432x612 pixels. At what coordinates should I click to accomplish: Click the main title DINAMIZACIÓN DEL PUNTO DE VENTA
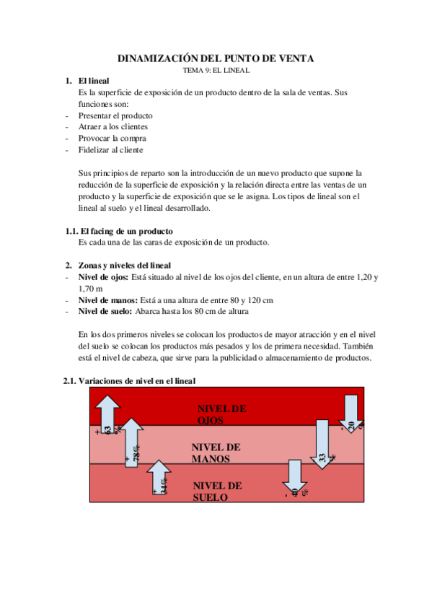(216, 58)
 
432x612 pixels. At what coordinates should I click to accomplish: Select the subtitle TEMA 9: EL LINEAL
(216, 71)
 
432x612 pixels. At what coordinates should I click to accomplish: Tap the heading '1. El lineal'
(87, 81)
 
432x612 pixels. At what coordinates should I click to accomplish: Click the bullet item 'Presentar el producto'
(115, 115)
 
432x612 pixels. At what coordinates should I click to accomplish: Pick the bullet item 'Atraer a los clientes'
(113, 126)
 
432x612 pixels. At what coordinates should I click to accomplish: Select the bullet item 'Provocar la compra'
(113, 138)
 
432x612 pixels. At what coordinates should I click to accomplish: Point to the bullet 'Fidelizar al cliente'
(111, 150)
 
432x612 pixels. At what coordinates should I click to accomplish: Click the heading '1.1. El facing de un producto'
(119, 231)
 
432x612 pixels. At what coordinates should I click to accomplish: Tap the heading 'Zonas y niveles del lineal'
(125, 266)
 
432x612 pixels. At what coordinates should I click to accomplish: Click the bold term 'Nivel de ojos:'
(103, 277)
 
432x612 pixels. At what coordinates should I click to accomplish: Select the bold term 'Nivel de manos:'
(108, 300)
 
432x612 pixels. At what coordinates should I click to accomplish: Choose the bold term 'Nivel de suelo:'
(105, 311)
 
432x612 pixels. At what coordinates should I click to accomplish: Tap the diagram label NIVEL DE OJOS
(221, 414)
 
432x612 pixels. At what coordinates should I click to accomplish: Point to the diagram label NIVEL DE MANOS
(216, 453)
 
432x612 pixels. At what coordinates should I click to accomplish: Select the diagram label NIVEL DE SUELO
(217, 491)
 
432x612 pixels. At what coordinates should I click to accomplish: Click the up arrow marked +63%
(107, 414)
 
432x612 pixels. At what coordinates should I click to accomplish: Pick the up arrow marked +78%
(132, 442)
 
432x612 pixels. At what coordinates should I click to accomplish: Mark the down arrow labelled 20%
(351, 414)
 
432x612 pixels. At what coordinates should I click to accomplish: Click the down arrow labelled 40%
(295, 478)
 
